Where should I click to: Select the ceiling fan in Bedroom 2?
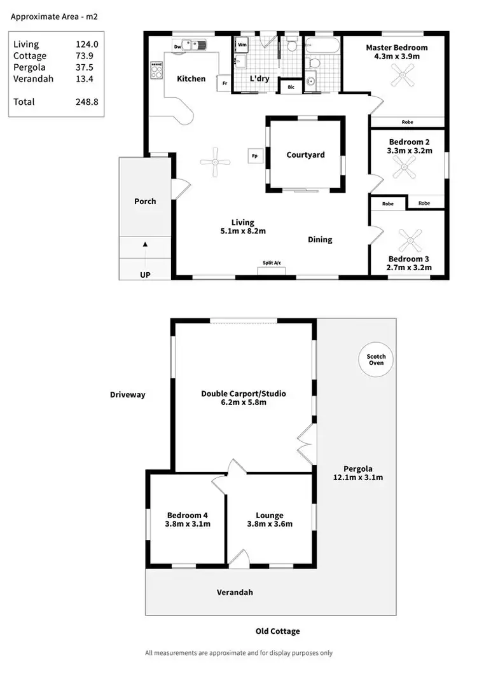click(403, 169)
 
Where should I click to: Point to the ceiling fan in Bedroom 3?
click(410, 241)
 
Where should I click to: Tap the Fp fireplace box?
click(255, 155)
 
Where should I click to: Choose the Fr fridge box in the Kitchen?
click(225, 83)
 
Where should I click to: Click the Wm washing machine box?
click(242, 45)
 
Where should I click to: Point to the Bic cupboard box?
click(291, 87)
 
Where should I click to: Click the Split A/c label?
click(272, 263)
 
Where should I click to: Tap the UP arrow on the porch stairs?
click(145, 244)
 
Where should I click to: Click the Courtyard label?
click(305, 155)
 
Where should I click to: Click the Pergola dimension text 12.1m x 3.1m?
click(357, 477)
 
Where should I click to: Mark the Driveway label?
click(127, 395)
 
